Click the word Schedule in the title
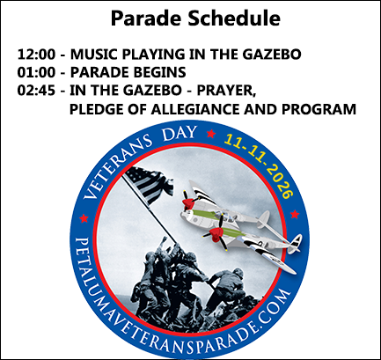234,18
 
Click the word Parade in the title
147,18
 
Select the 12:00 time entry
36,55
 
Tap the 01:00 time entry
36,72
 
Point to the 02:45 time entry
36,91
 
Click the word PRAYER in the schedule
226,92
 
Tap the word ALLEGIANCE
195,109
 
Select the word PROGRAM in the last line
319,109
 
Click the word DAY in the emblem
180,133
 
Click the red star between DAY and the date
211,134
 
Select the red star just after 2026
295,215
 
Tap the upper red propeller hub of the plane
188,203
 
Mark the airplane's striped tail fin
296,244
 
